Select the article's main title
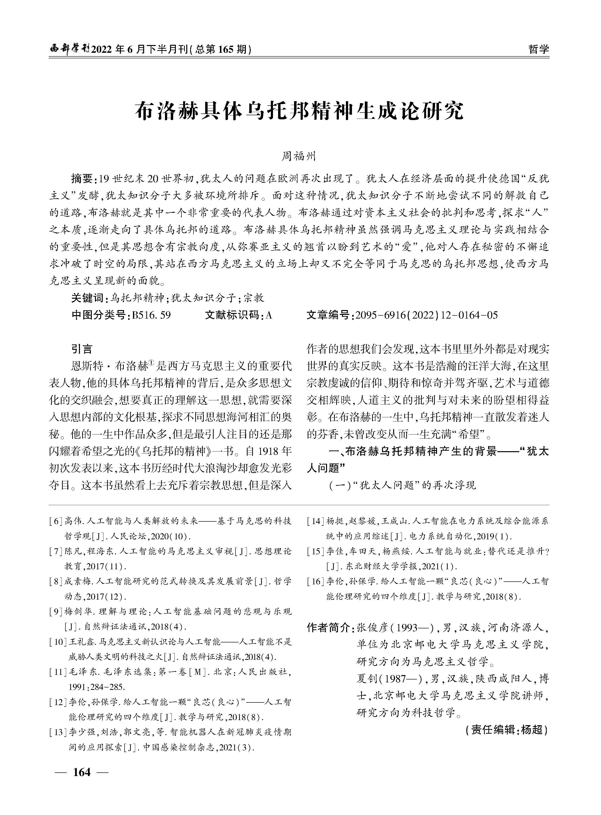click(x=300, y=111)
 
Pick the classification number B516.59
click(x=152, y=315)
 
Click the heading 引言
click(x=82, y=349)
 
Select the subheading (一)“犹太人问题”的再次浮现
click(x=402, y=485)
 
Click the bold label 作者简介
click(x=328, y=627)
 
